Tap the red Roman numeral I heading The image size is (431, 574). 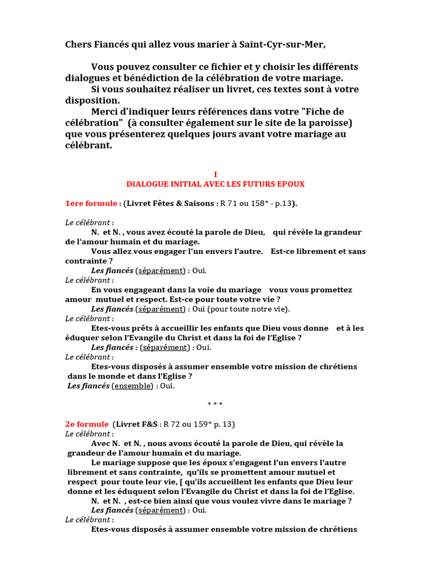coord(215,174)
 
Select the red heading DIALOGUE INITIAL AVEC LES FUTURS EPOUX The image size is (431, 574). coord(215,184)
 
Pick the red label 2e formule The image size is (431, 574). coord(87,424)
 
